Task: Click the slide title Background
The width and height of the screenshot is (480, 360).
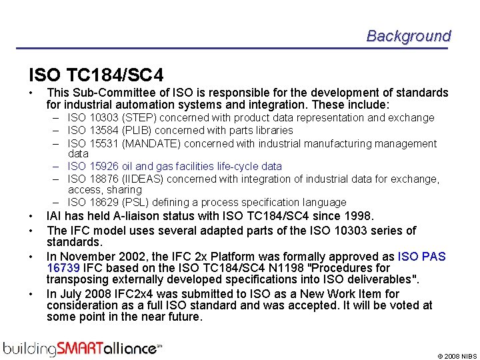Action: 408,36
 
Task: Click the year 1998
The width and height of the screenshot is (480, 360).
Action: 360,216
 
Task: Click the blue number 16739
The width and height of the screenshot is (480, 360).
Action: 64,268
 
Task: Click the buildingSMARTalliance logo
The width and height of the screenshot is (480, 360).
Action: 81,347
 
